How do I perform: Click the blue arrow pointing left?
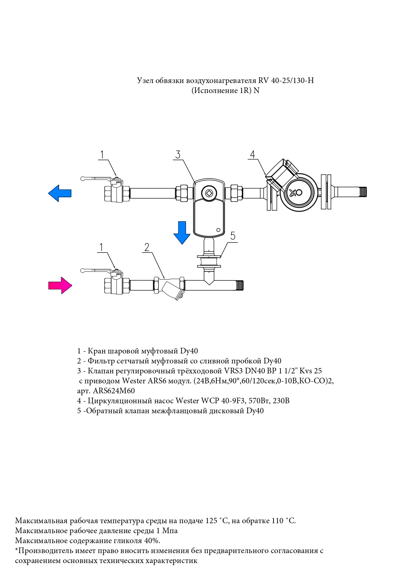click(59, 193)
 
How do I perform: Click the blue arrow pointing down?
click(182, 233)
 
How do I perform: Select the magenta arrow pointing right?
click(60, 285)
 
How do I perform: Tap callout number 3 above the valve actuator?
click(178, 154)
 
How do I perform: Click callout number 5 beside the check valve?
click(233, 236)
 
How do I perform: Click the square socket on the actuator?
click(210, 193)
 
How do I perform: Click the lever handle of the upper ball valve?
click(97, 179)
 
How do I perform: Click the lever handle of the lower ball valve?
click(97, 271)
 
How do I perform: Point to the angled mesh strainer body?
click(172, 290)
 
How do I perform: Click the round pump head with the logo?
click(295, 192)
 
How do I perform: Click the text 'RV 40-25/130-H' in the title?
click(286, 80)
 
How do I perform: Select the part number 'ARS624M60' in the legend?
click(114, 391)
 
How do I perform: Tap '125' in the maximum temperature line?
click(211, 521)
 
